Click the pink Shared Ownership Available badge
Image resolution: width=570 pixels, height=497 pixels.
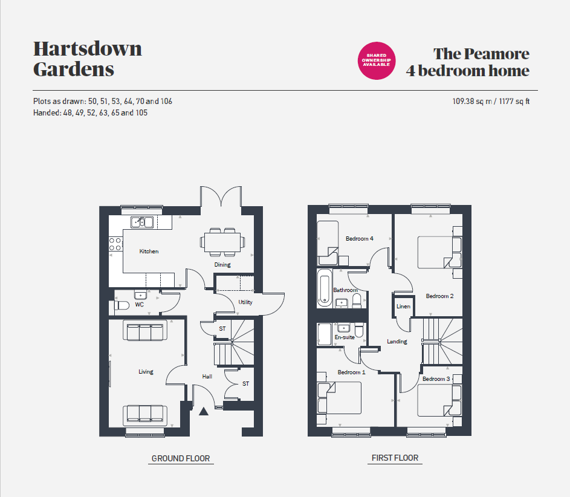(376, 60)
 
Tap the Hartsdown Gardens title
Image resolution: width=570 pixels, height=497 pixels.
(88, 59)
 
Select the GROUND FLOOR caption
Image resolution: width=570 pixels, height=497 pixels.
(181, 458)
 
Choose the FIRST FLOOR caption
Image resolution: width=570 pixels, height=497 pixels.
(395, 458)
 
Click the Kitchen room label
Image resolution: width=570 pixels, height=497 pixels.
(149, 252)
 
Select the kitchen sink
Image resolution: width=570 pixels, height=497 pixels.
(142, 222)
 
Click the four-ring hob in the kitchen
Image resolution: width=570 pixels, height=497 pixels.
(115, 244)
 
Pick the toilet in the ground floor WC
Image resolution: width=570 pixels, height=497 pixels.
(121, 305)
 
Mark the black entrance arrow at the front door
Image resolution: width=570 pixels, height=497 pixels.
(204, 411)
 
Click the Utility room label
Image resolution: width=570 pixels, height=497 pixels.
(245, 302)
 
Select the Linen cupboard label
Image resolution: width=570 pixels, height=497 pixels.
(403, 307)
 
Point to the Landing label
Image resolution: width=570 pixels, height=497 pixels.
(397, 342)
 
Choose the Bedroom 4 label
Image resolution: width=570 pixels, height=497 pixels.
(360, 238)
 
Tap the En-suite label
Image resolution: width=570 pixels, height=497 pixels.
(345, 337)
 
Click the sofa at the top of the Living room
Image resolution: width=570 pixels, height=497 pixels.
(145, 330)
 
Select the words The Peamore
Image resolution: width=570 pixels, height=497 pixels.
(481, 54)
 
